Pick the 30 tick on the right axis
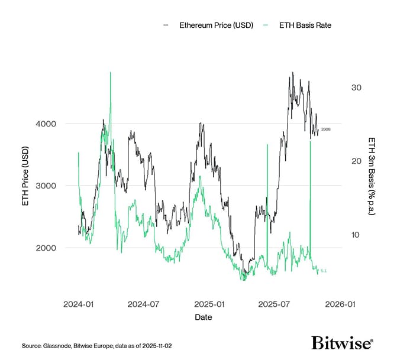coord(356,87)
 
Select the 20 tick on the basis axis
coord(356,161)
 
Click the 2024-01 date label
coord(78,304)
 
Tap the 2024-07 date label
coord(144,304)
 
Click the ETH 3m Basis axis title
coord(372,176)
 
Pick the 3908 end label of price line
coord(325,129)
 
